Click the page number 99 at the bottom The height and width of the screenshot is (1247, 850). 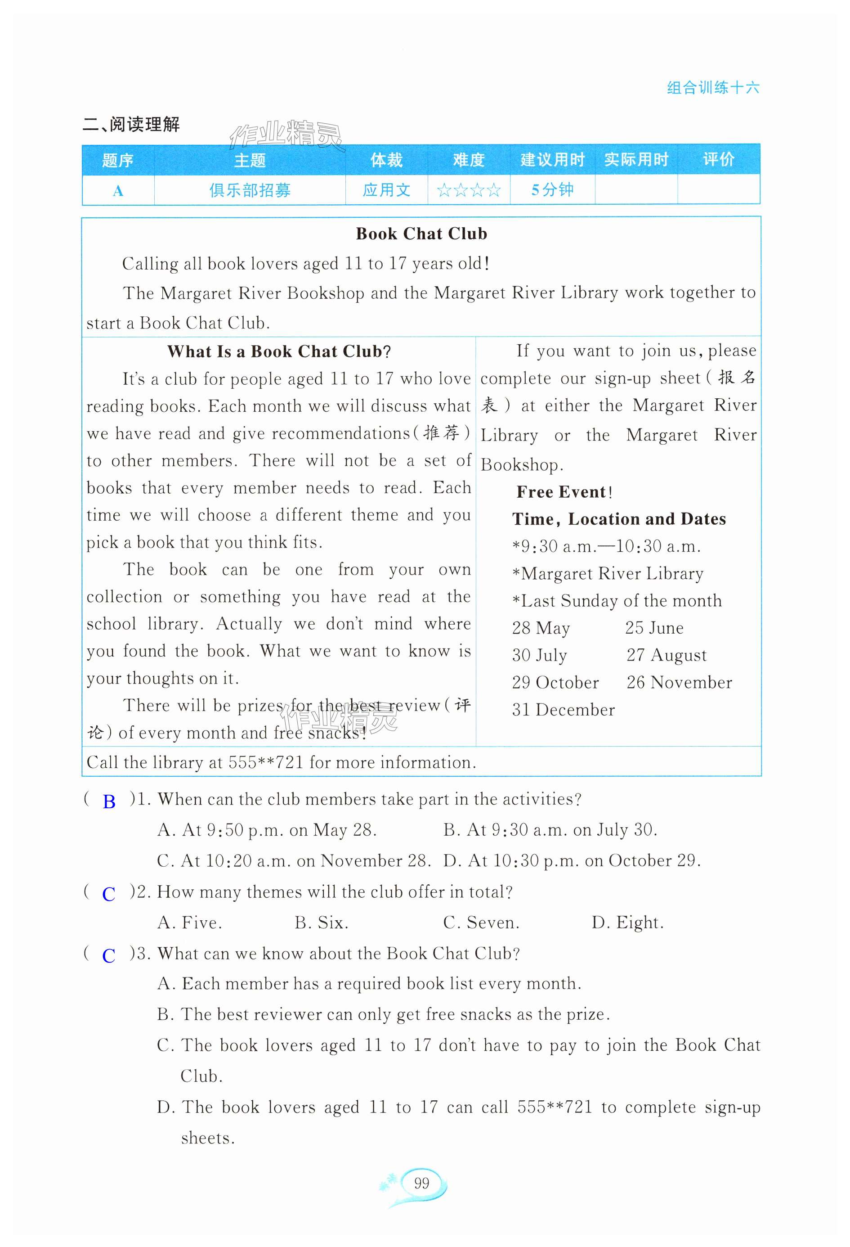[421, 1183]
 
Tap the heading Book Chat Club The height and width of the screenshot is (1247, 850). [421, 234]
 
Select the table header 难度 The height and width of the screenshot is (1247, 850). [469, 160]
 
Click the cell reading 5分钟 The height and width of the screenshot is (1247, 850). [552, 190]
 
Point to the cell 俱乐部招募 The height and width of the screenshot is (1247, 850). [250, 190]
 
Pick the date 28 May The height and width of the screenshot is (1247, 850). [541, 628]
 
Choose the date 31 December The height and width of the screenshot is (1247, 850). [563, 710]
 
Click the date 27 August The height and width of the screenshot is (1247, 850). [667, 655]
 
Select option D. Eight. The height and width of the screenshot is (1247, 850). [627, 923]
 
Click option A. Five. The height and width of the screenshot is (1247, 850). [189, 923]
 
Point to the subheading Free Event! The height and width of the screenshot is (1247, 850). [564, 492]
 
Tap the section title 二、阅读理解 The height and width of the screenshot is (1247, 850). [131, 125]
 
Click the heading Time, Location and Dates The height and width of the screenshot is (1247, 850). [619, 519]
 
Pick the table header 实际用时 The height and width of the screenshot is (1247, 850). [636, 160]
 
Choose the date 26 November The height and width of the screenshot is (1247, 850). [679, 683]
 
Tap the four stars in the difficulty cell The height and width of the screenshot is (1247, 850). [469, 190]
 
